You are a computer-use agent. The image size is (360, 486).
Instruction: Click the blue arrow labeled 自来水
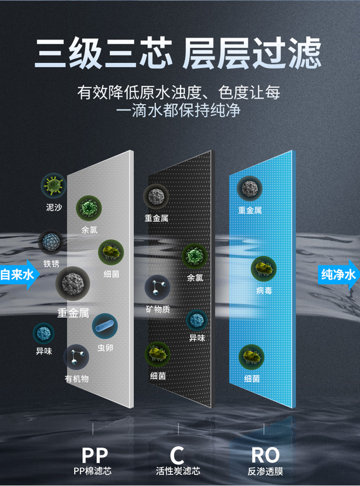[18, 274]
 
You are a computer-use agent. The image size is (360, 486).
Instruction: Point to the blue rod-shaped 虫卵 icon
[104, 326]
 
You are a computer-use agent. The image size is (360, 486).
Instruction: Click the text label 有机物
[76, 379]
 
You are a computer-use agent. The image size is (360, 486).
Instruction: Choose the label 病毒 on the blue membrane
[264, 291]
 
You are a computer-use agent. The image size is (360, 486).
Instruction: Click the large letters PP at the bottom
[95, 455]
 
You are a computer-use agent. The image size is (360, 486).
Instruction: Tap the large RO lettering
[265, 455]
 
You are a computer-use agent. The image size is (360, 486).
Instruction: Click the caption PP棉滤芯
[92, 471]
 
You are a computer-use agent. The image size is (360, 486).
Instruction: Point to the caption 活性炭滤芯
[178, 471]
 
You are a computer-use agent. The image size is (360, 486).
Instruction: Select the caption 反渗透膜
[265, 472]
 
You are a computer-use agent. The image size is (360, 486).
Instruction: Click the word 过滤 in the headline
[288, 54]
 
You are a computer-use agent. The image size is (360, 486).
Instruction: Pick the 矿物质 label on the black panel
[157, 309]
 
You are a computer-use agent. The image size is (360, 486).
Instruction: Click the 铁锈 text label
[51, 264]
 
